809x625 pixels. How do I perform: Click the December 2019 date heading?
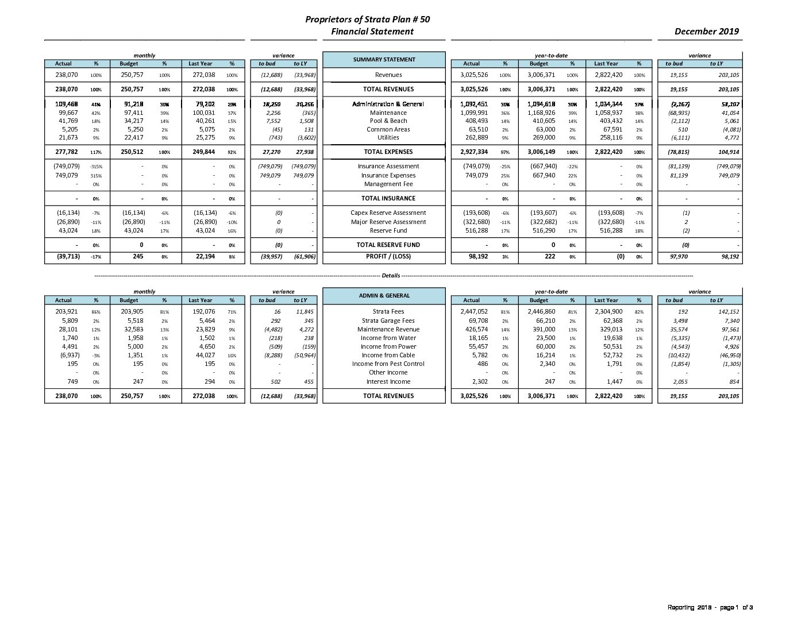706,32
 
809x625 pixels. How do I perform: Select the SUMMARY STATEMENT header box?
384,60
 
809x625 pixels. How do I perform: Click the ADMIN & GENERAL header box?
384,296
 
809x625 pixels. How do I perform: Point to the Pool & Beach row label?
388,121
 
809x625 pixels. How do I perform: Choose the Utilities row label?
388,138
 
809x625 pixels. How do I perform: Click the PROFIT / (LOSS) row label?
388,257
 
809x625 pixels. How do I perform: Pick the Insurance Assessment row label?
388,167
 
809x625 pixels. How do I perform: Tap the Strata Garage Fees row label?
388,321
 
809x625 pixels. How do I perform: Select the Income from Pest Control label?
388,364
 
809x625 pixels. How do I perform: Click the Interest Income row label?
388,382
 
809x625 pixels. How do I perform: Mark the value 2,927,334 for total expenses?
474,152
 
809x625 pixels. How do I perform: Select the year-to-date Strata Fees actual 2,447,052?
474,312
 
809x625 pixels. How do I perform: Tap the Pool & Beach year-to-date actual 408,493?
476,121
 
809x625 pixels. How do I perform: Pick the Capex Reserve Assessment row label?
388,213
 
